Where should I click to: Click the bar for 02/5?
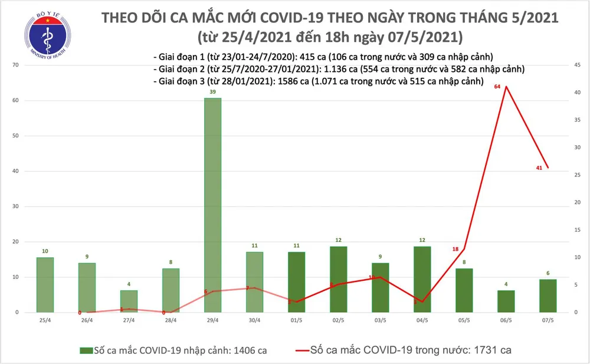[339, 279]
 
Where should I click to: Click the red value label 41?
[539, 168]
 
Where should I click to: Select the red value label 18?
[455, 249]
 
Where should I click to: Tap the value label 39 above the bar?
[213, 92]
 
